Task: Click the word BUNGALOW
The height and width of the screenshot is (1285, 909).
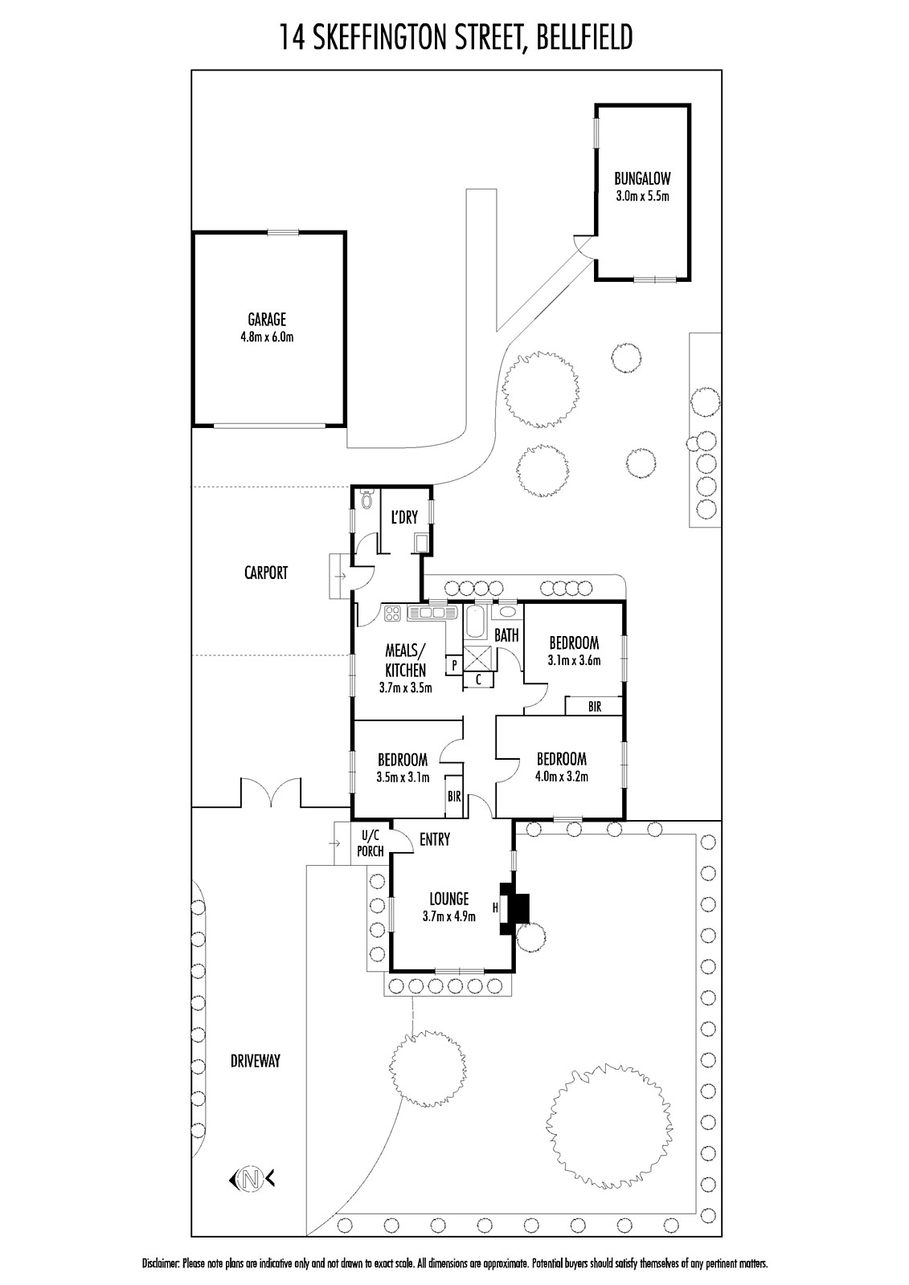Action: (x=642, y=178)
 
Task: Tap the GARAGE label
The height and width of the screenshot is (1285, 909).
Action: (x=267, y=319)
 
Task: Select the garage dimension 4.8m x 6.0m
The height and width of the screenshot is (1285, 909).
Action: (x=267, y=337)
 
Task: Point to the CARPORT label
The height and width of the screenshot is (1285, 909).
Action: (x=266, y=573)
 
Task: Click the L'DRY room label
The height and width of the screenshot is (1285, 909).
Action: (x=404, y=517)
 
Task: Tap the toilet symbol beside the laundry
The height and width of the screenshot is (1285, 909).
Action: (x=366, y=501)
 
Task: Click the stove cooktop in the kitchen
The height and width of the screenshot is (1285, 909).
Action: (x=393, y=613)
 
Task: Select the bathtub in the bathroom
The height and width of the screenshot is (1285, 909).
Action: (x=475, y=622)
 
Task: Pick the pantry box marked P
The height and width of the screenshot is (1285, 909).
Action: (x=454, y=666)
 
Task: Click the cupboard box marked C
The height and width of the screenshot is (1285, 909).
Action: (x=477, y=679)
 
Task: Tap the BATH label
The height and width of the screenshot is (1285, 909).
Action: (x=506, y=635)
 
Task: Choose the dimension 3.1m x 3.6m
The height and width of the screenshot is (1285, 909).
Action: (x=574, y=659)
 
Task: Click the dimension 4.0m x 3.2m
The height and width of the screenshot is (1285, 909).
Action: (x=562, y=777)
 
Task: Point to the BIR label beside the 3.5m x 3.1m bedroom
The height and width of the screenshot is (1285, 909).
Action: (x=454, y=797)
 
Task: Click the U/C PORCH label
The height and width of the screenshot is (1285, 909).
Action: (x=371, y=843)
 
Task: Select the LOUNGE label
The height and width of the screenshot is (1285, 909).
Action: (x=449, y=899)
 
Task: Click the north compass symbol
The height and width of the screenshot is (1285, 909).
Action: (x=251, y=1179)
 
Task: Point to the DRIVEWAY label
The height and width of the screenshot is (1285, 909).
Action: (x=256, y=1061)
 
